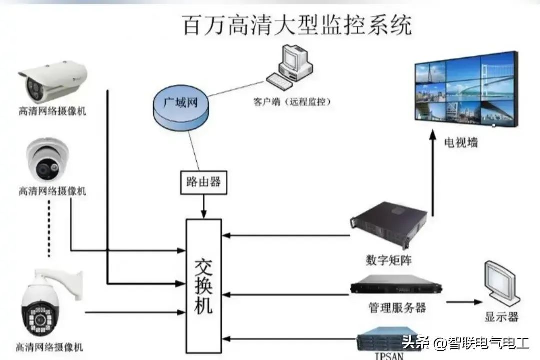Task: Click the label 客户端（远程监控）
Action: coord(292,102)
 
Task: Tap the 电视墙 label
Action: coord(461,142)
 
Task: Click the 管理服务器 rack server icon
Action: coord(396,287)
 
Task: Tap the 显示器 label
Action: coord(501,316)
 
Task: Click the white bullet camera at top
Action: coord(53,80)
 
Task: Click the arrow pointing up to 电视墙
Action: coord(433,170)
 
